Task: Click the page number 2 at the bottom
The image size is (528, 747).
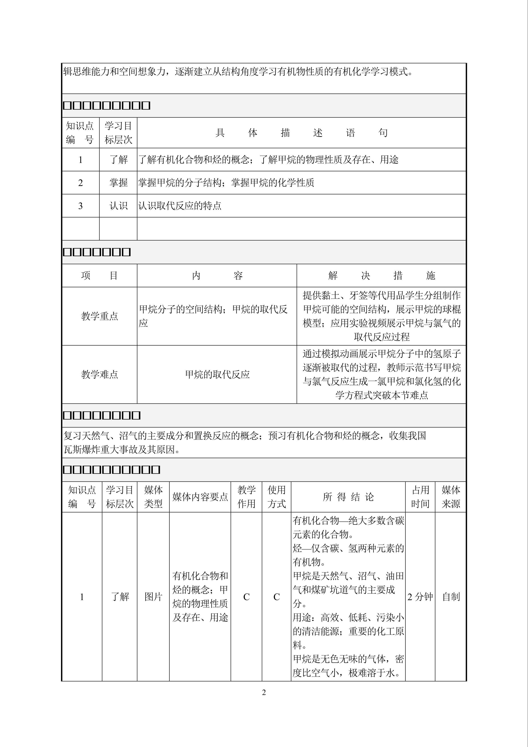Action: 264,692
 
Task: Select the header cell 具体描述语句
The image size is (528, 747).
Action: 301,133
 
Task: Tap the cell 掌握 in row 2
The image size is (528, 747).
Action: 118,183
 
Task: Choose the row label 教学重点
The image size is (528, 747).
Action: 100,316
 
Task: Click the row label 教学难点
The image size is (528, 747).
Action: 100,374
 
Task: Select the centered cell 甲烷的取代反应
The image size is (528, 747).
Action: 217,374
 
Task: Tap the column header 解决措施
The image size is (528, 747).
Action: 381,275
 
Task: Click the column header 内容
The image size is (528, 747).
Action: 217,275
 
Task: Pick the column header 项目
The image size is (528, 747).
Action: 100,275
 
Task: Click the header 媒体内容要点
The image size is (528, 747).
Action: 200,497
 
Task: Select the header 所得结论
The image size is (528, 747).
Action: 348,497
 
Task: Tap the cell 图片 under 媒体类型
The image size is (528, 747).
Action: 153,597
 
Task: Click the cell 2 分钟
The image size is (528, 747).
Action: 420,597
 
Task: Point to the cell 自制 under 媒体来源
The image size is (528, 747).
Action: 451,597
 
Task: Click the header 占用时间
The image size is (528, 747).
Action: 420,497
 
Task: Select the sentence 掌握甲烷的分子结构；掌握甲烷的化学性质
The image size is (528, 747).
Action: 226,183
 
